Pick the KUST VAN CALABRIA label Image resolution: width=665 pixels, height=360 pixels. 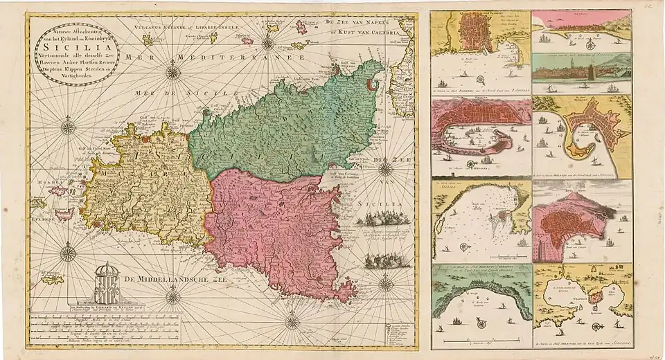pyautogui.click(x=375, y=33)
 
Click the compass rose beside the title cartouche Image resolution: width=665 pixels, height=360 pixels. pyautogui.click(x=173, y=71)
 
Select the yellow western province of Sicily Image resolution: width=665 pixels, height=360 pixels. pyautogui.click(x=145, y=183)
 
